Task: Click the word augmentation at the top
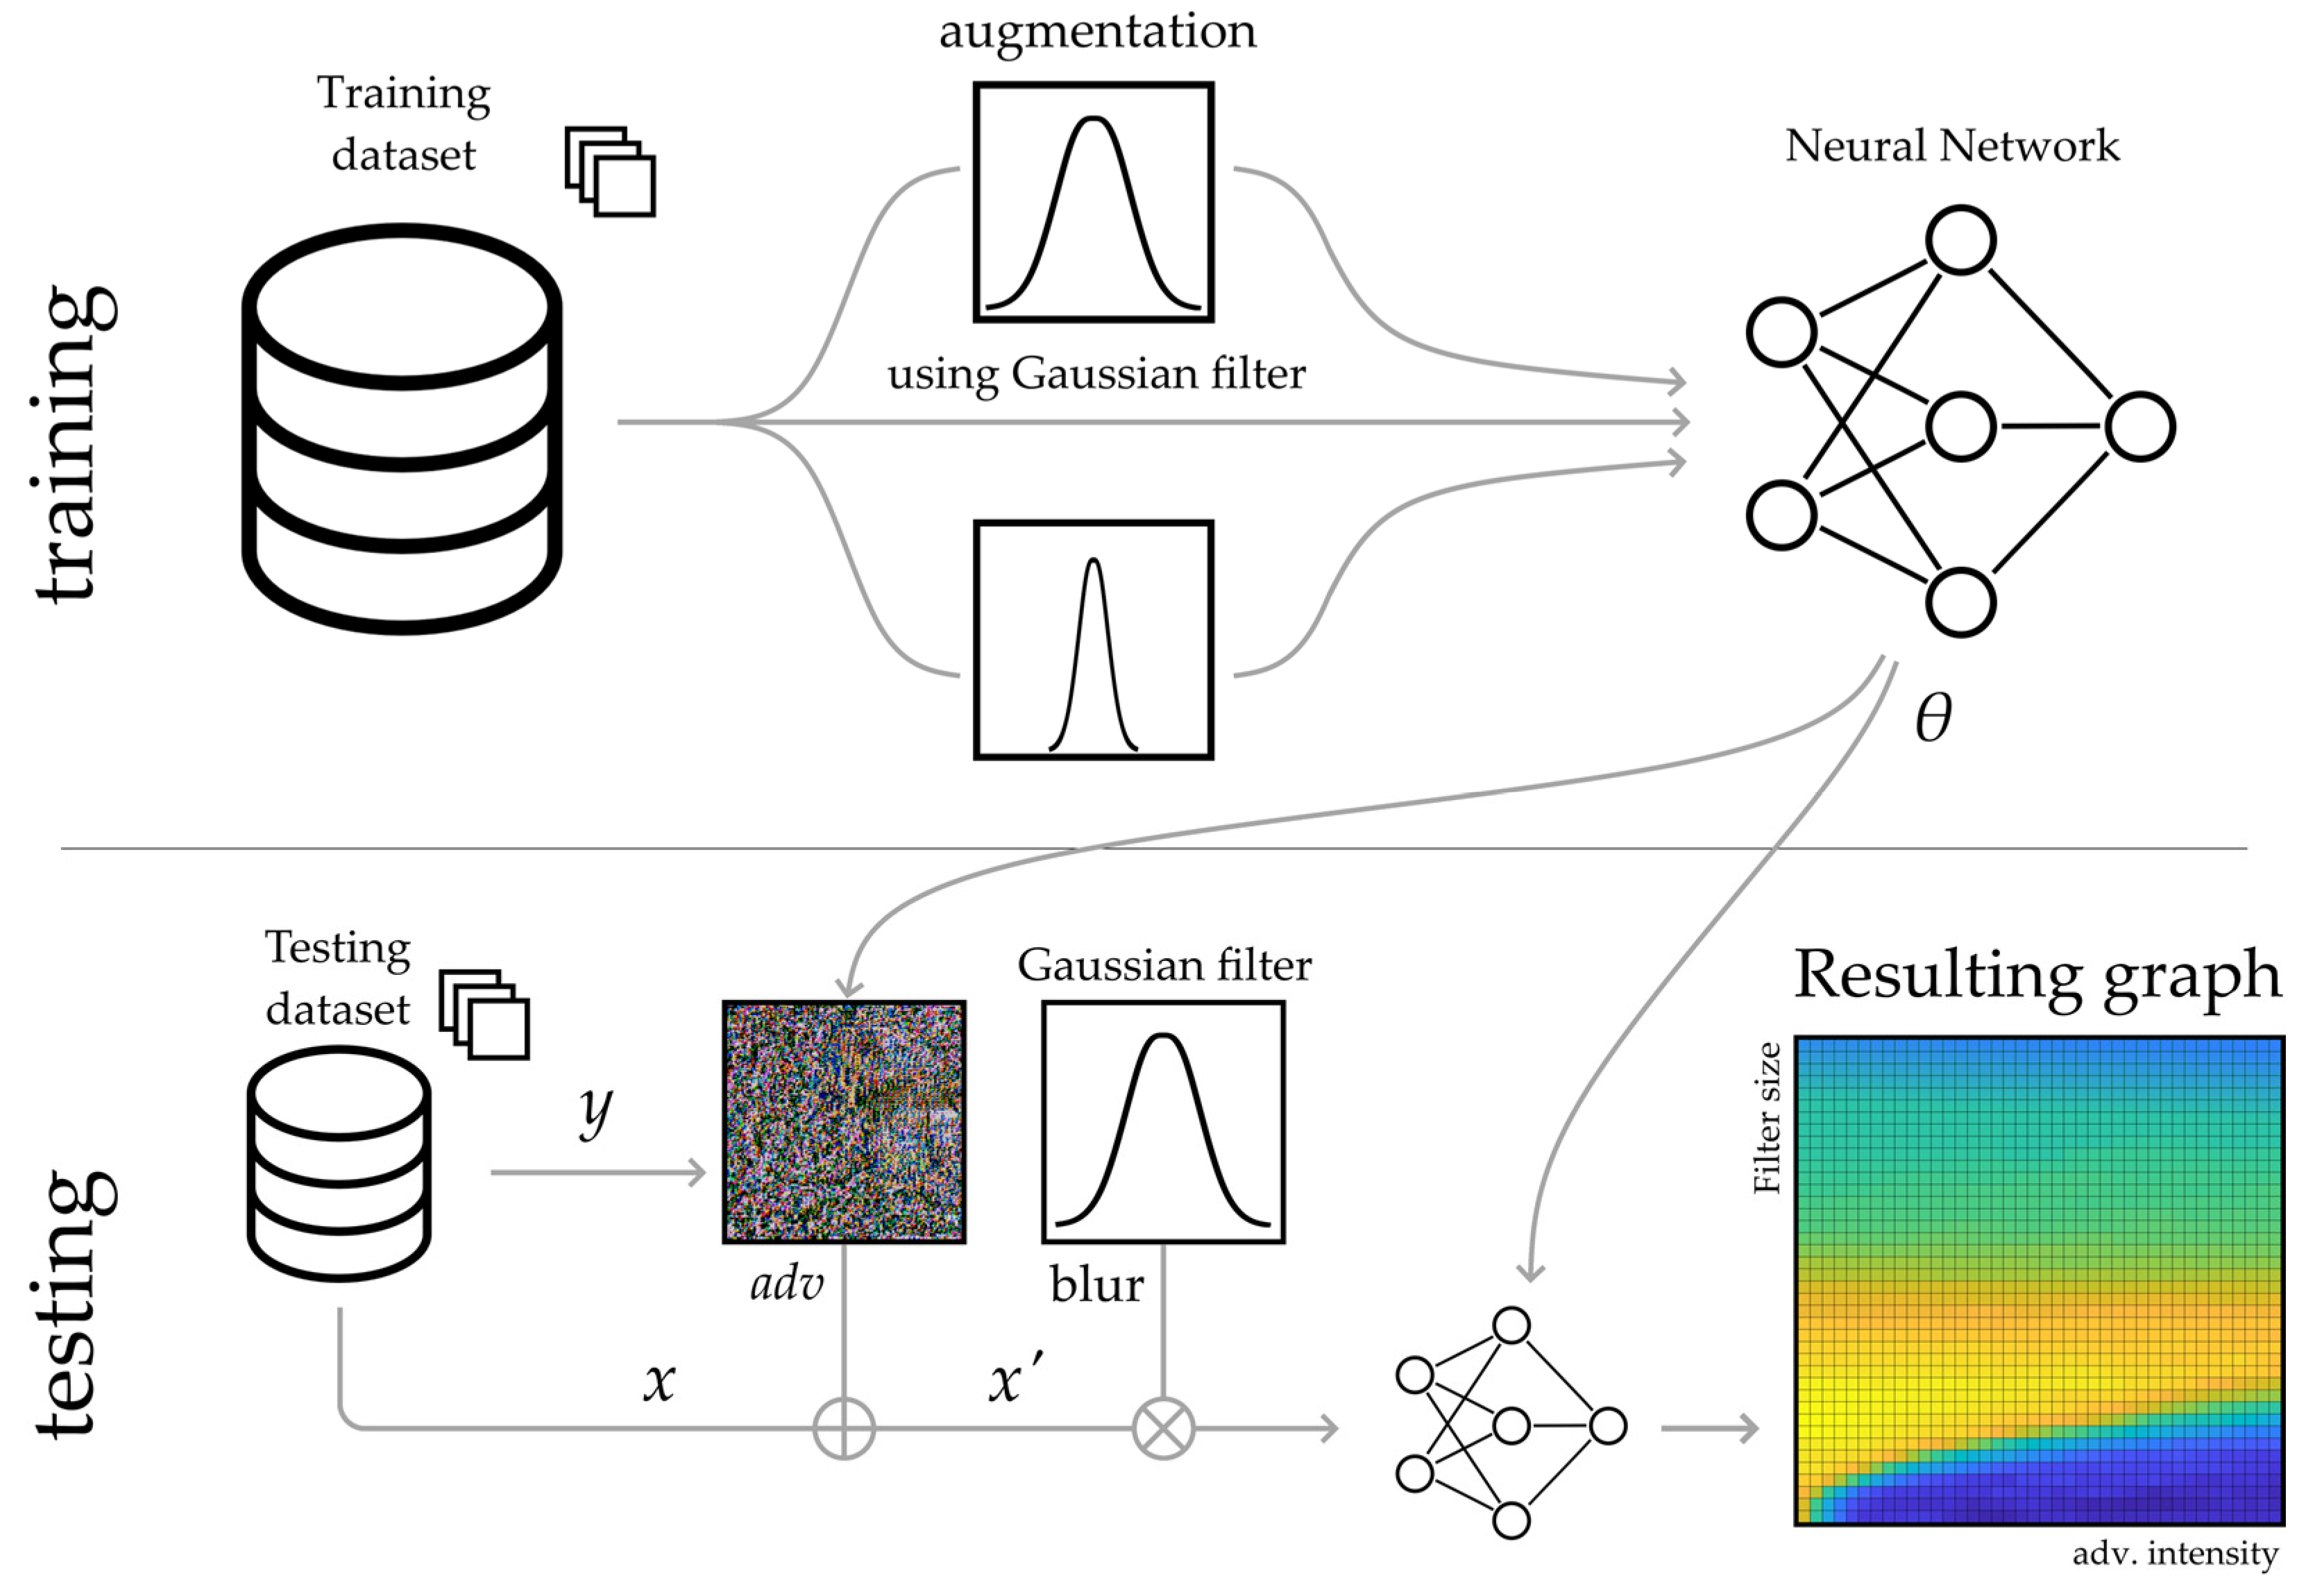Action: coord(1097,32)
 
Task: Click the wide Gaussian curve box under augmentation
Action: coord(1093,202)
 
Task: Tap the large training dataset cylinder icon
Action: coord(403,428)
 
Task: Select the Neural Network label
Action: coord(1951,146)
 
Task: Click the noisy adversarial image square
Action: coord(843,1122)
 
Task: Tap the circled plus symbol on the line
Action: coord(843,1429)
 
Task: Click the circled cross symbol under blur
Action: coord(1163,1429)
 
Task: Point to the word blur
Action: coord(1096,1285)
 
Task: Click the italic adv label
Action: coord(786,1284)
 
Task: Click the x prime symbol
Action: coord(1015,1381)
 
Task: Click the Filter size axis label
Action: coord(1768,1117)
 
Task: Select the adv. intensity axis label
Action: coord(2175,1553)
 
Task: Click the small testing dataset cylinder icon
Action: coord(339,1163)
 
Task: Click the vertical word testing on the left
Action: coord(75,1305)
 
